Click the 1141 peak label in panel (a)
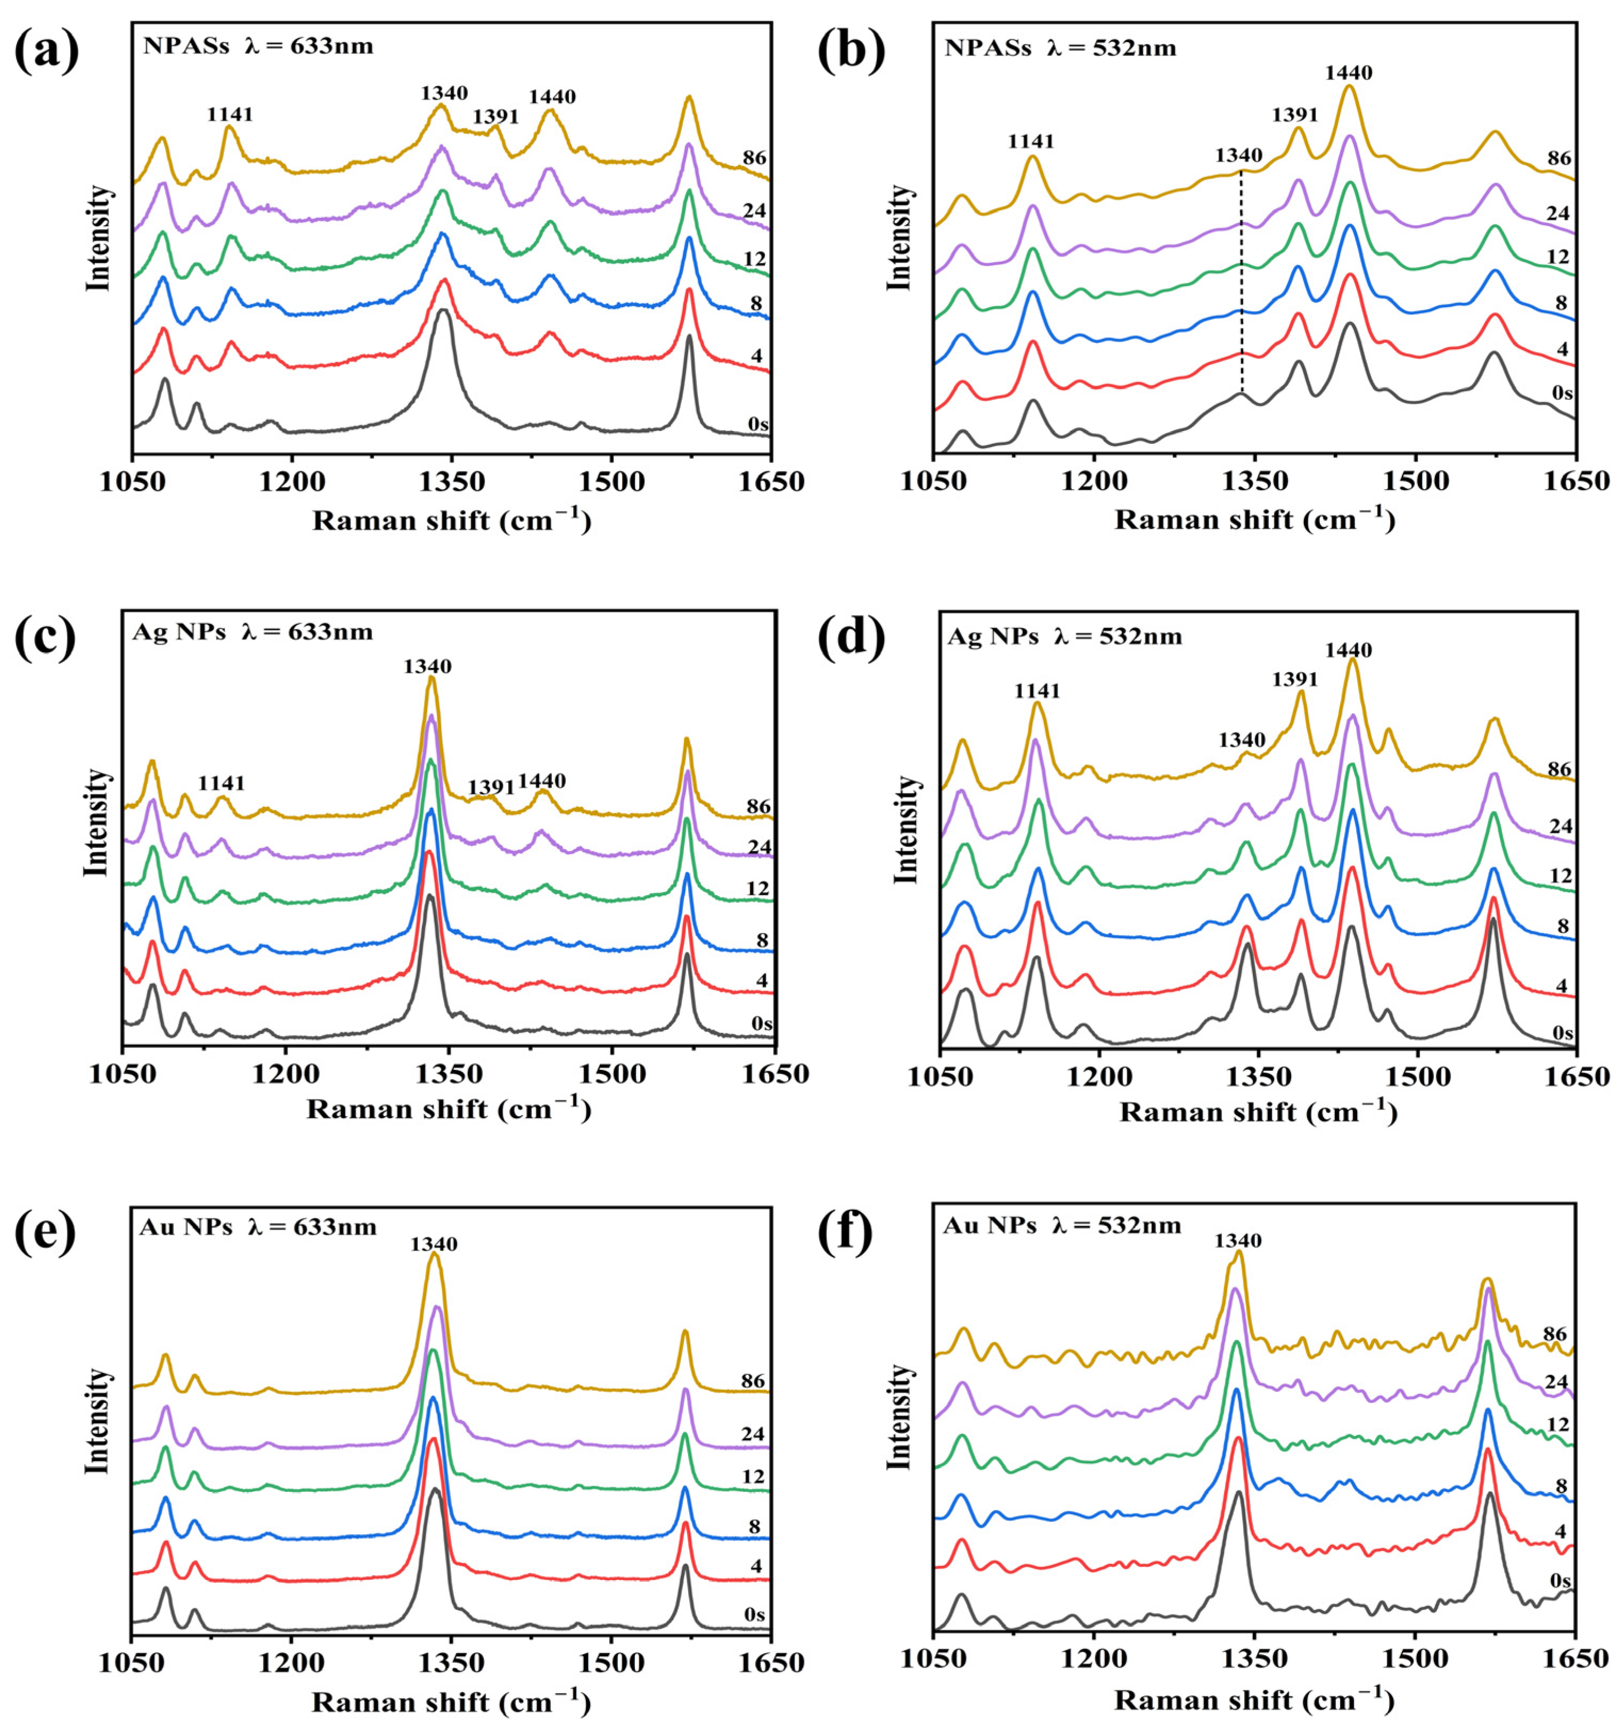pos(230,114)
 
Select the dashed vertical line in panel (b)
pos(1242,286)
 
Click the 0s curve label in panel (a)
pos(757,424)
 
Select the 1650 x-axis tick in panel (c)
pos(774,1074)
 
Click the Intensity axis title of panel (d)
pos(905,830)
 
